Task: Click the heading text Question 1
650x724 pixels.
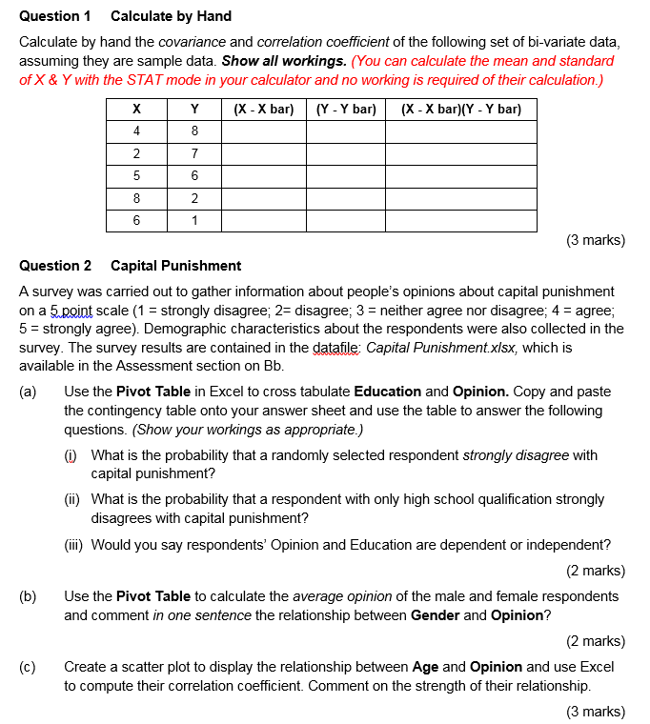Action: click(55, 16)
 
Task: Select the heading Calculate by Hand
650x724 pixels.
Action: click(171, 16)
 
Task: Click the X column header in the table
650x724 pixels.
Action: click(136, 110)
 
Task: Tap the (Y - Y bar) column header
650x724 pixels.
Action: click(345, 110)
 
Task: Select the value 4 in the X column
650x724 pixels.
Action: click(136, 131)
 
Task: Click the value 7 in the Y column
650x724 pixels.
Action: click(194, 153)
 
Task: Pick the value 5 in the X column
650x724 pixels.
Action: click(136, 175)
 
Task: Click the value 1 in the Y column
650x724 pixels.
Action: click(194, 220)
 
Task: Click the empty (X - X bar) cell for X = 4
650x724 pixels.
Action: click(263, 131)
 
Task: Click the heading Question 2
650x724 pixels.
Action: click(55, 266)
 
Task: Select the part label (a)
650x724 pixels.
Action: click(28, 392)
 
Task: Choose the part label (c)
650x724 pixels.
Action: click(28, 667)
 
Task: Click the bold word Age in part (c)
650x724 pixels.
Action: click(426, 667)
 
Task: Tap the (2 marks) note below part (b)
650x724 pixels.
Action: click(596, 641)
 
